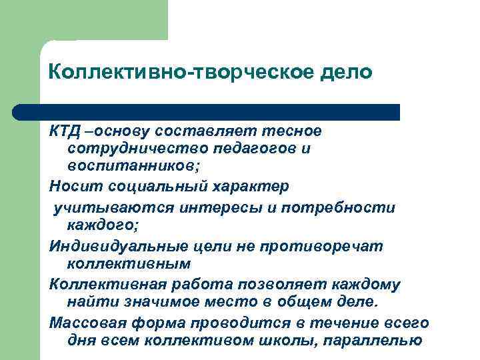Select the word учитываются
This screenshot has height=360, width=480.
[111, 207]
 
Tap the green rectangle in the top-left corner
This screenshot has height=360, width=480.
[83, 20]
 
